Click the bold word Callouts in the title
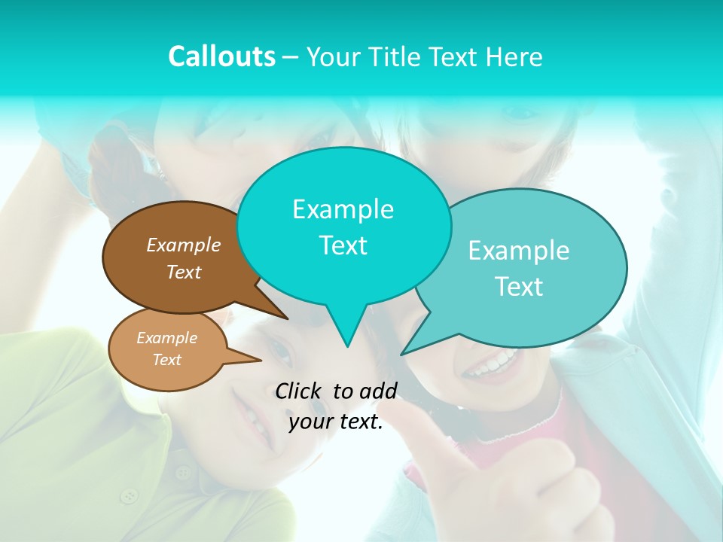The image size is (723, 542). coord(221,56)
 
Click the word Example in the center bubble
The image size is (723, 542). coord(343,209)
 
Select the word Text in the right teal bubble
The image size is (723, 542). coord(518,287)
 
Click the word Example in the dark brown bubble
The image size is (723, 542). coord(183,245)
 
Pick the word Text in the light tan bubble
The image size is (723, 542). coord(166,360)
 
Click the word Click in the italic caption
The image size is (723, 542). coord(300,391)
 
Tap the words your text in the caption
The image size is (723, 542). coord(336,422)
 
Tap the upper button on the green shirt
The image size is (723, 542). coord(183,472)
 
